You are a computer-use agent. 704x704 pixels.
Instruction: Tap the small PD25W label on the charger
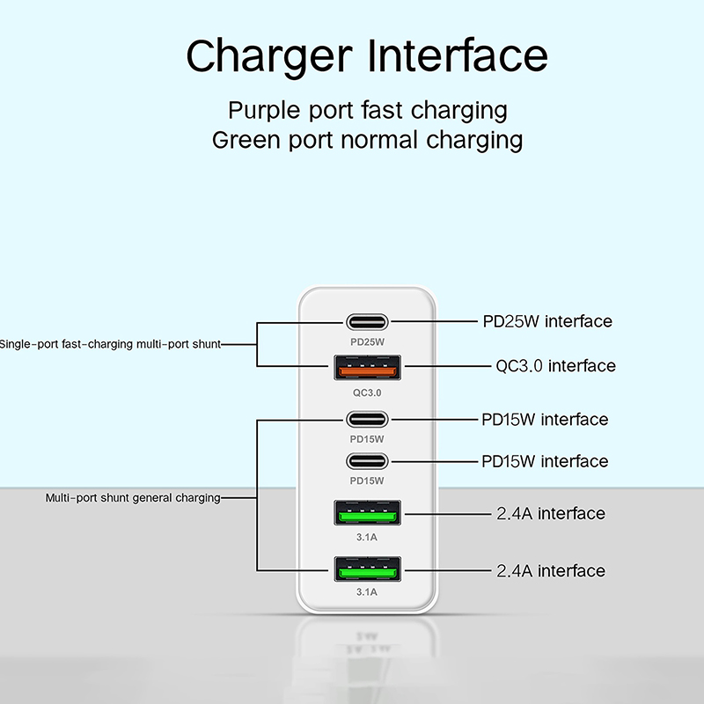368,341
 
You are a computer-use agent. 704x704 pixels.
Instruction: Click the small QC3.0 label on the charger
368,392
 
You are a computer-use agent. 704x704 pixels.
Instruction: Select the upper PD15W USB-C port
368,420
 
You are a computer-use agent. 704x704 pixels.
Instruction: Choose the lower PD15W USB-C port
368,462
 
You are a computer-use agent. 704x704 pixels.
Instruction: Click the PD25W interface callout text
546,321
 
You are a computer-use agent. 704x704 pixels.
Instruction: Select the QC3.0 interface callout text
555,366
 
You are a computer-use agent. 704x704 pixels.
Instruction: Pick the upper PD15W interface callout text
545,420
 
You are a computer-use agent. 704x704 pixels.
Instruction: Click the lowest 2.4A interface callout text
551,571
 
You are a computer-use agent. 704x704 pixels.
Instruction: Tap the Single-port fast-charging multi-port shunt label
110,344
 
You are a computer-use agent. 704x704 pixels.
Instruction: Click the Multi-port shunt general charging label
133,498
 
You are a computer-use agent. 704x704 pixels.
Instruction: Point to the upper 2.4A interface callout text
551,514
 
